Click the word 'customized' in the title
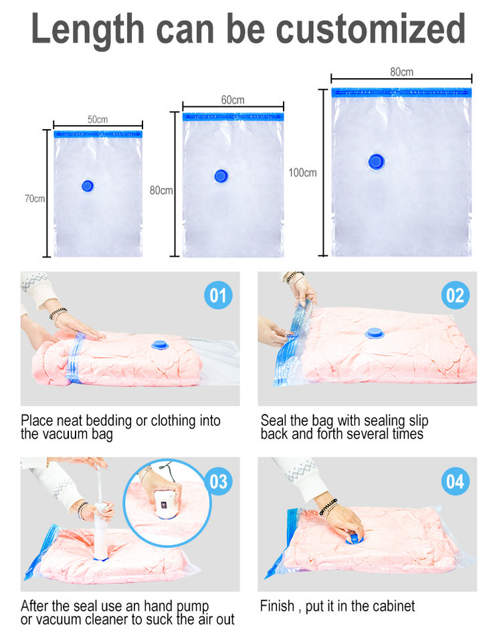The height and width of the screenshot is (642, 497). pyautogui.click(x=371, y=29)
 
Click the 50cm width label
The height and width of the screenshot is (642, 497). pyautogui.click(x=98, y=119)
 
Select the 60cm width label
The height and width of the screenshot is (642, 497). pyautogui.click(x=233, y=100)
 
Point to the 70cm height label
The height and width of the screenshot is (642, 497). pyautogui.click(x=34, y=199)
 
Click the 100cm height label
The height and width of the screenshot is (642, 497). pyautogui.click(x=302, y=173)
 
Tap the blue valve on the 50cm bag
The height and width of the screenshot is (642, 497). pyautogui.click(x=87, y=186)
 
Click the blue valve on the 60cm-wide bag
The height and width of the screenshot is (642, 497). pyautogui.click(x=221, y=177)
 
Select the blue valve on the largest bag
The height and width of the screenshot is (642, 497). pyautogui.click(x=376, y=162)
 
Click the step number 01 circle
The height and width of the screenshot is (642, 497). pyautogui.click(x=218, y=295)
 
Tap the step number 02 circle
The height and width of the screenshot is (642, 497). pyautogui.click(x=456, y=295)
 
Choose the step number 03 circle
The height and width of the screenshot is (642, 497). pyautogui.click(x=219, y=481)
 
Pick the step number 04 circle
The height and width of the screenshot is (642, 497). pyautogui.click(x=456, y=481)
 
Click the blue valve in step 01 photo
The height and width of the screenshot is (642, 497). pyautogui.click(x=160, y=345)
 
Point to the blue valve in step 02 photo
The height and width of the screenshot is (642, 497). pyautogui.click(x=374, y=333)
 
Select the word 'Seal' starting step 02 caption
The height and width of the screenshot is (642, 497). pyautogui.click(x=273, y=421)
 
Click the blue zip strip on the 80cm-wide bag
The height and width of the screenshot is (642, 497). pyautogui.click(x=401, y=92)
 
